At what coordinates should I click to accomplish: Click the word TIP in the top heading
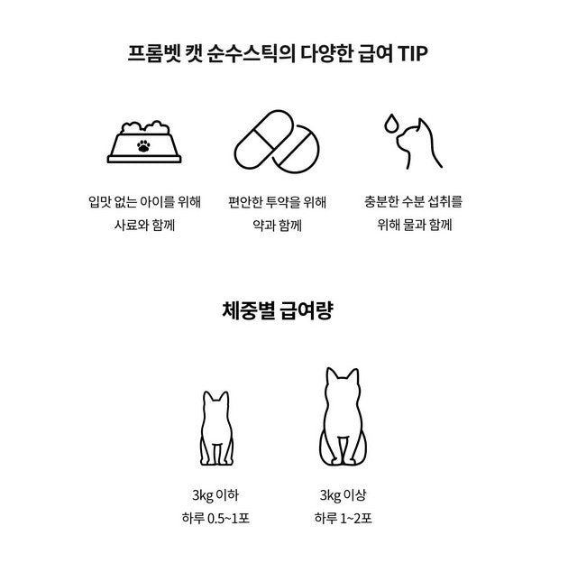(x=413, y=53)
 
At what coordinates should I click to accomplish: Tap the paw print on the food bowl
(x=144, y=146)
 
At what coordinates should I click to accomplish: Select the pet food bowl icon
(x=144, y=142)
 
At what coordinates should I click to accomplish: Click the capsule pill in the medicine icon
(x=264, y=140)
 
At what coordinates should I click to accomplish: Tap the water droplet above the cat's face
(x=391, y=124)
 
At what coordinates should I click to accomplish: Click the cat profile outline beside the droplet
(x=419, y=144)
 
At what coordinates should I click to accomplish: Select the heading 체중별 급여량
(x=278, y=310)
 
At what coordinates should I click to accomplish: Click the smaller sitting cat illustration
(x=216, y=429)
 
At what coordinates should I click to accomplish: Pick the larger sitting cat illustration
(x=344, y=417)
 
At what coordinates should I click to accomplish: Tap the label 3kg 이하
(x=215, y=495)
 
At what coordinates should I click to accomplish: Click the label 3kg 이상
(x=344, y=495)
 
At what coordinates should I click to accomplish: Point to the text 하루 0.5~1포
(x=215, y=519)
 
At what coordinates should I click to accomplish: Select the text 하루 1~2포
(x=344, y=519)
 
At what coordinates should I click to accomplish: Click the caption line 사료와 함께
(x=144, y=226)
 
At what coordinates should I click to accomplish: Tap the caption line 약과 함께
(x=278, y=226)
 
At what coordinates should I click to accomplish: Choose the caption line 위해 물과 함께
(x=415, y=226)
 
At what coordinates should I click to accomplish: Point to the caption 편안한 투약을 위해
(x=278, y=202)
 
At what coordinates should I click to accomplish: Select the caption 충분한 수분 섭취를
(x=413, y=201)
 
